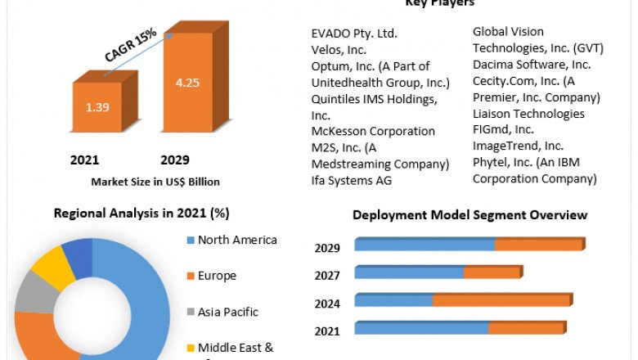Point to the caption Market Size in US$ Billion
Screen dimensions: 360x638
click(x=155, y=182)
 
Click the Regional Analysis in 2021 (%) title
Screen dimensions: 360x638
click(x=142, y=214)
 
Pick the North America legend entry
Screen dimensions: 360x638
click(x=236, y=240)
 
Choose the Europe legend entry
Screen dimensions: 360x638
click(x=217, y=276)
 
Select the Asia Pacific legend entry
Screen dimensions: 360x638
click(x=227, y=312)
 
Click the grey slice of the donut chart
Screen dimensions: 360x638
click(x=34, y=292)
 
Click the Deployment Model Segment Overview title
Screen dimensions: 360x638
click(x=470, y=215)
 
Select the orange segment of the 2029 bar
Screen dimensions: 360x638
click(x=540, y=245)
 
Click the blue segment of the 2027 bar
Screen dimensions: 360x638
click(x=409, y=272)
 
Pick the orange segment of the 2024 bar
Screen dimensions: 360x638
click(x=501, y=300)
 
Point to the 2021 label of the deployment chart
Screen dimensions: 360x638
click(x=328, y=331)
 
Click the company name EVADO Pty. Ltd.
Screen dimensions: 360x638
click(x=354, y=34)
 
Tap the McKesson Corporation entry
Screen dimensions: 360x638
click(x=373, y=131)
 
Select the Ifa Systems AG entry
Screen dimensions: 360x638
click(x=352, y=180)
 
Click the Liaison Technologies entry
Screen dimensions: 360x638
click(x=528, y=114)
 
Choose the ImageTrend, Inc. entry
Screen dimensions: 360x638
click(x=518, y=146)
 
